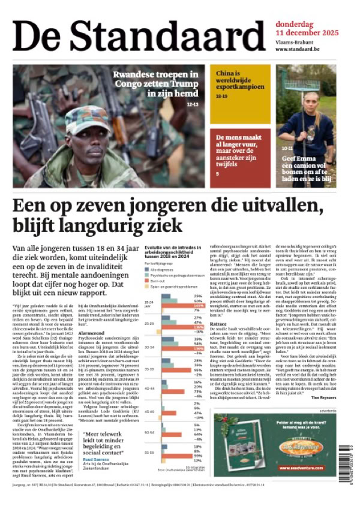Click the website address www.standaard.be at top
(x=297, y=49)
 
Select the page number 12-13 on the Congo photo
(x=193, y=104)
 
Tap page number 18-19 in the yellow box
(x=222, y=96)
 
